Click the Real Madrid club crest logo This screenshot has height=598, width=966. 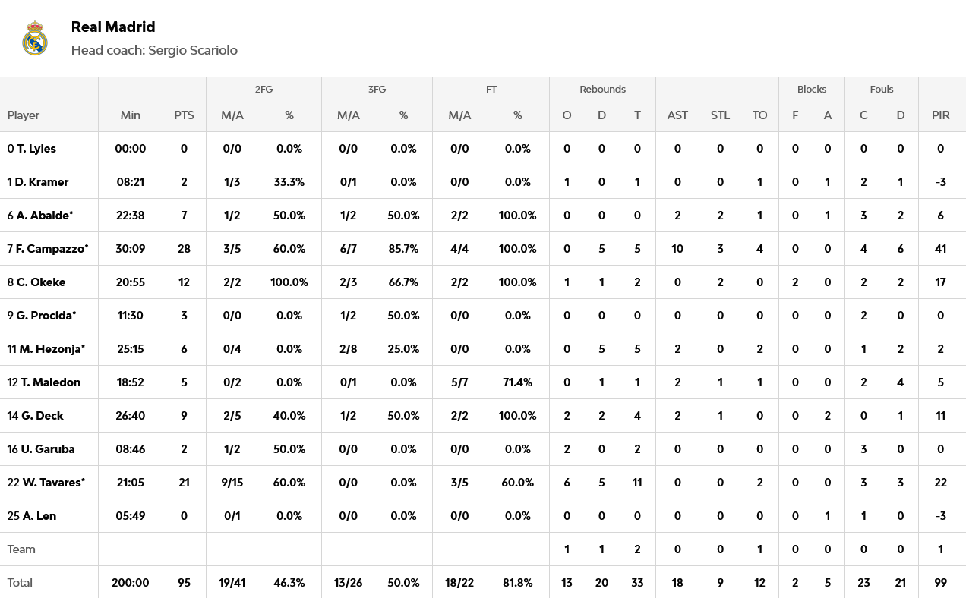point(35,38)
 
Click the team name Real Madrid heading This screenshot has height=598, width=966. point(113,27)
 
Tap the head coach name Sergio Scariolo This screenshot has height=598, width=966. point(193,50)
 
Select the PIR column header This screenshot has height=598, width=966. point(941,115)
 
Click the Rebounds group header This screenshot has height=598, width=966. point(602,89)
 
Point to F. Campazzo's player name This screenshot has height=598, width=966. point(52,249)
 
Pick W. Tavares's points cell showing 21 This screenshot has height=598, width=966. point(184,483)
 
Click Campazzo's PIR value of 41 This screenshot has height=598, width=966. point(941,249)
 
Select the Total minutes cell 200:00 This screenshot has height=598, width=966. point(131,583)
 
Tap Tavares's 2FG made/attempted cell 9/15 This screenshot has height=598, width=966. point(232,483)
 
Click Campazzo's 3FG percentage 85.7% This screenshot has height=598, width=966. point(404,249)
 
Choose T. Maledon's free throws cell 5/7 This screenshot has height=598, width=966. point(459,382)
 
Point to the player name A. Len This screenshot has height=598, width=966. point(39,516)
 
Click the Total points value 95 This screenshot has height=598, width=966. point(184,583)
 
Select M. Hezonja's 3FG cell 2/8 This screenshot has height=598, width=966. point(348,349)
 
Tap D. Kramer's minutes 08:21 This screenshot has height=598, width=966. point(131,182)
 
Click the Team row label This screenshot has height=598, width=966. point(21,549)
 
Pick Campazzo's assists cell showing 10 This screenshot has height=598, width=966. point(677,249)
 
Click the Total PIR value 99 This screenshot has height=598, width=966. point(941,583)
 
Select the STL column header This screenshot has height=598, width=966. point(720,115)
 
